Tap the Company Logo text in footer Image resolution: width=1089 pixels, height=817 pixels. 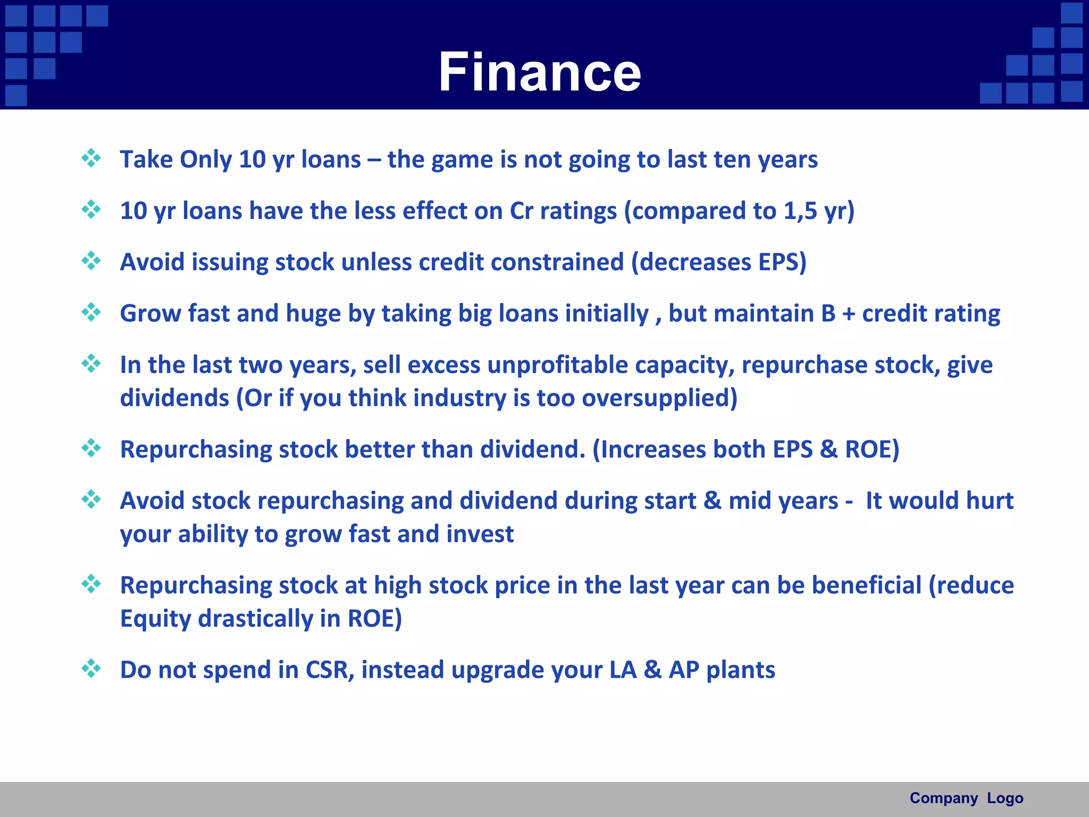point(966,798)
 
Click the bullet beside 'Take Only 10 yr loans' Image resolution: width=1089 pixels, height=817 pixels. point(91,158)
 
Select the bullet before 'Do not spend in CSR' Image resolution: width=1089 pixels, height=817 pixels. point(91,669)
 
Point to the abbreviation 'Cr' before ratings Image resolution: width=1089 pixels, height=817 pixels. point(521,211)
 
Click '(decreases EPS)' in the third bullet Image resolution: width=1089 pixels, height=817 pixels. point(718,262)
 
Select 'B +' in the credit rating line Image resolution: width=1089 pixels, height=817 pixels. point(838,313)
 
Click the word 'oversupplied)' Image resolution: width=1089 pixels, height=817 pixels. point(659,398)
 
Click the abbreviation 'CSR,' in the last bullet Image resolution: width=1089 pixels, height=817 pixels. point(330,670)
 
